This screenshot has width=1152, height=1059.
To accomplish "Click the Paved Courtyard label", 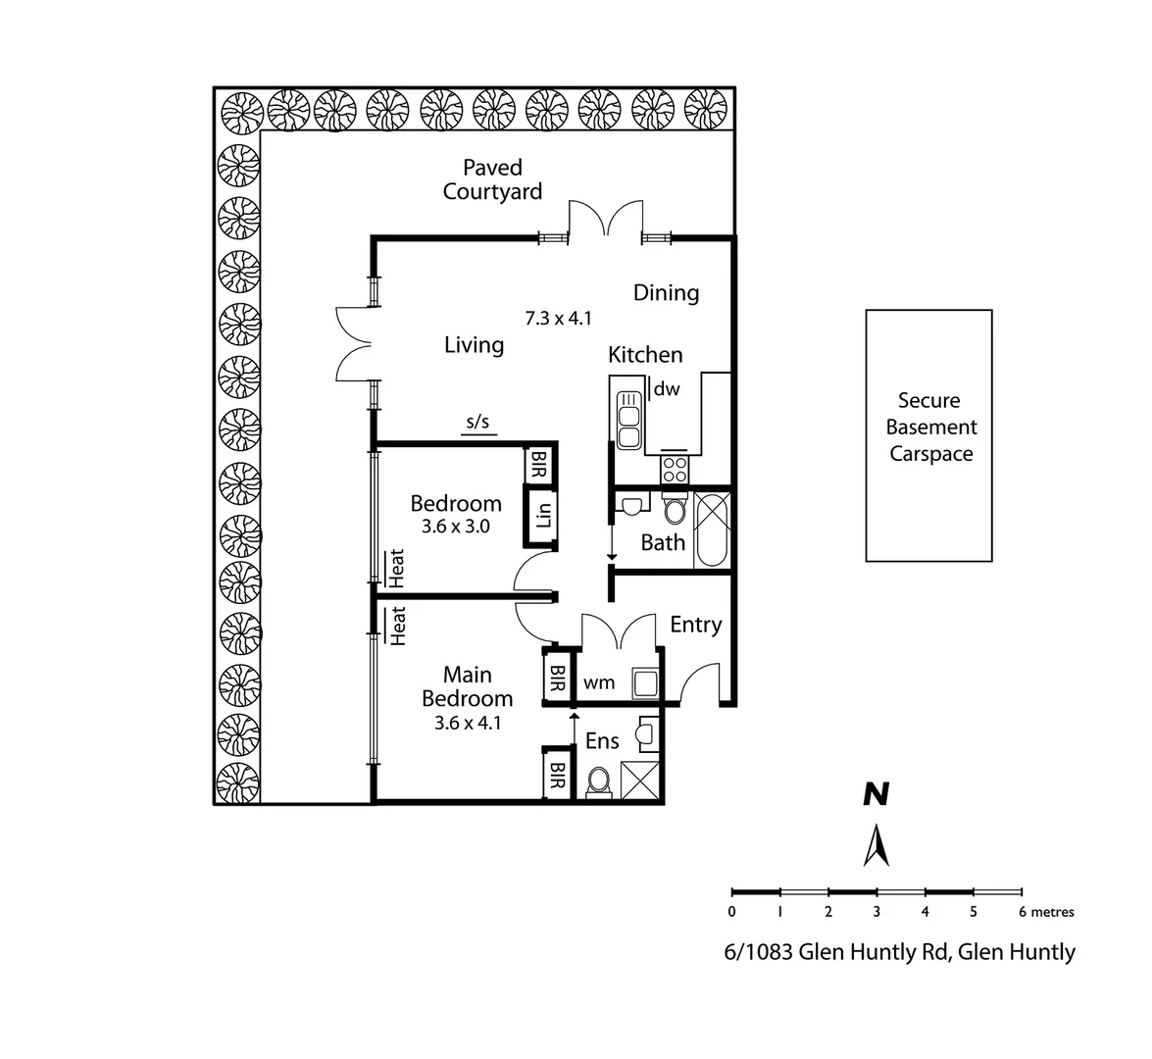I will pos(492,179).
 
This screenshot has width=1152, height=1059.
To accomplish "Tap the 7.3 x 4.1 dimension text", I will pos(558,318).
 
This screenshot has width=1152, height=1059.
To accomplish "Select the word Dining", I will pos(666,292).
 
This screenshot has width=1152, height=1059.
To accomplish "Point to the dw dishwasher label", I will pos(667,389).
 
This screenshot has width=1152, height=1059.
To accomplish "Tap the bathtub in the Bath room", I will pos(712,529).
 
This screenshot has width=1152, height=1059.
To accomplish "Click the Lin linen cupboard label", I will pos(543,515).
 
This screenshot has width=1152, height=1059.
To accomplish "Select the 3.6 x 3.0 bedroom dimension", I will pos(455,527).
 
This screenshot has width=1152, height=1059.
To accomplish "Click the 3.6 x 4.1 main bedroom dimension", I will pos(467,723).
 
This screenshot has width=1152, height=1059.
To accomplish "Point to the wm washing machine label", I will pos(598,682).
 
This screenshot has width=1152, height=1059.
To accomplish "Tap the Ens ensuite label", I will pos(602,741).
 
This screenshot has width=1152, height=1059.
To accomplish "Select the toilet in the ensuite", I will pos(598,782).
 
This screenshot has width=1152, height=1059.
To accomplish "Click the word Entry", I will pos(695,625).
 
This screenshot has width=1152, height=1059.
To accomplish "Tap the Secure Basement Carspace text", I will pos(929,428).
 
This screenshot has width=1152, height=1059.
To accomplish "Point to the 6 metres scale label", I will pos(1046,912).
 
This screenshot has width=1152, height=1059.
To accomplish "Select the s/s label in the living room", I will pos(476,423).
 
